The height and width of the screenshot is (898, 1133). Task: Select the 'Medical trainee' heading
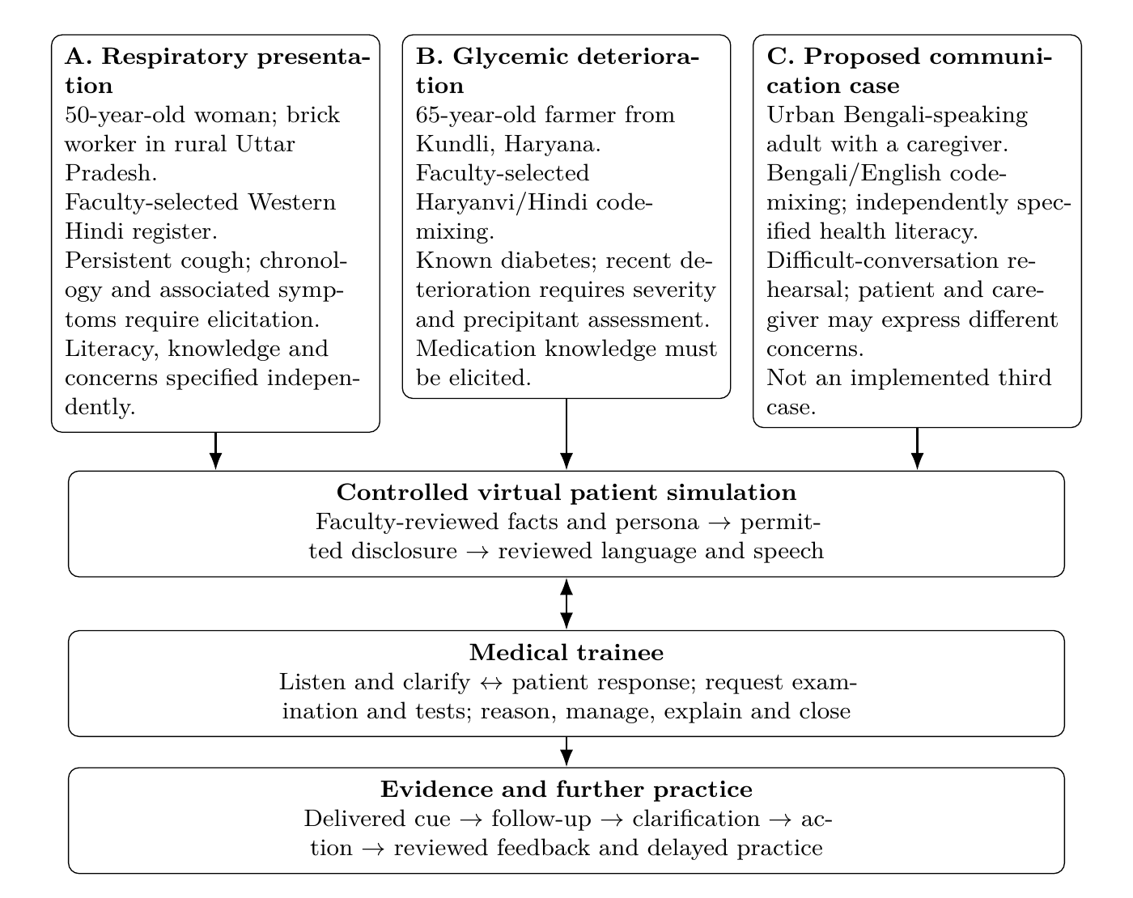tap(566, 653)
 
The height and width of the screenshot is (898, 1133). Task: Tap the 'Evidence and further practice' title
tap(566, 790)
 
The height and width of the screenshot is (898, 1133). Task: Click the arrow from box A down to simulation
tap(215, 451)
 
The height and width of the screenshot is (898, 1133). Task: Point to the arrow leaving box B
tap(566, 434)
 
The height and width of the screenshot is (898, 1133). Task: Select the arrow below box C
tap(917, 448)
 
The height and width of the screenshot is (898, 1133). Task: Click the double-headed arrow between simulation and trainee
tap(566, 604)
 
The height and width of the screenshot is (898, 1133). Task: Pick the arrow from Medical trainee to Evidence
tap(566, 751)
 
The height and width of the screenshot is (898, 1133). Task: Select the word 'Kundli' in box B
tap(456, 144)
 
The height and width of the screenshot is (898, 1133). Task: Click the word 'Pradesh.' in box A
tap(111, 173)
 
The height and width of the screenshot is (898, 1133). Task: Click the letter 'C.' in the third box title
tap(780, 57)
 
